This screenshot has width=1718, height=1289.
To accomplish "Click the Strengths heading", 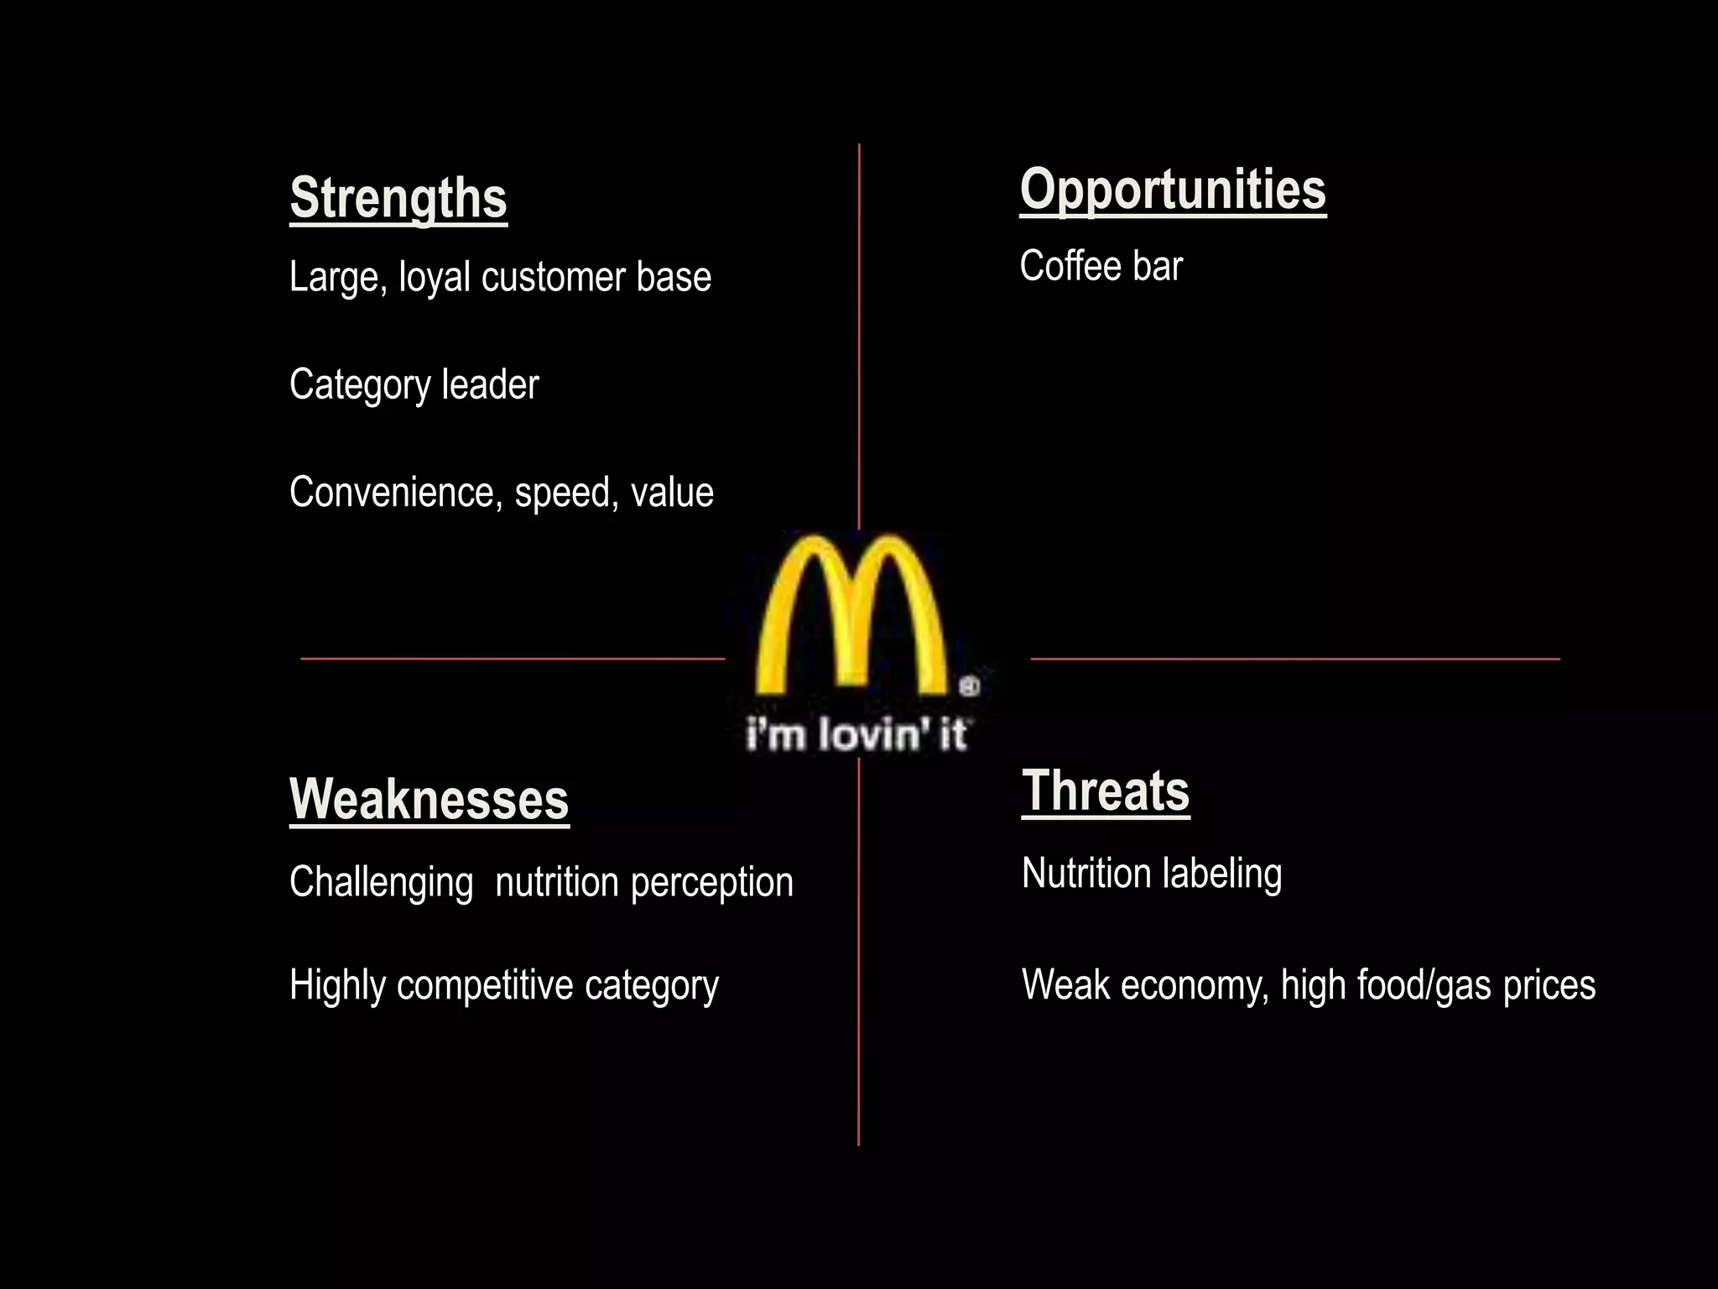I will point(398,199).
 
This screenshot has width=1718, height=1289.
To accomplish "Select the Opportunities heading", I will point(1173,190).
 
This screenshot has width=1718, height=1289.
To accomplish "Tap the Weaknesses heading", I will point(429,800).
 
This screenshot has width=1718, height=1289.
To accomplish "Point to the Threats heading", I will point(1106,791).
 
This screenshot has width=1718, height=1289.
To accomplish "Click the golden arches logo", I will point(852,617).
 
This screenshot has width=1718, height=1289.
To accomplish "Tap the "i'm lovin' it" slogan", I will point(856,734).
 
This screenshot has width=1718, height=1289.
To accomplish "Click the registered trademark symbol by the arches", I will point(969,686).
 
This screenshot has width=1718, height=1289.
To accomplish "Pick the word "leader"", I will point(490,384).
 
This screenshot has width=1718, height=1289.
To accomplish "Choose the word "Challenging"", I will point(382,883).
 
